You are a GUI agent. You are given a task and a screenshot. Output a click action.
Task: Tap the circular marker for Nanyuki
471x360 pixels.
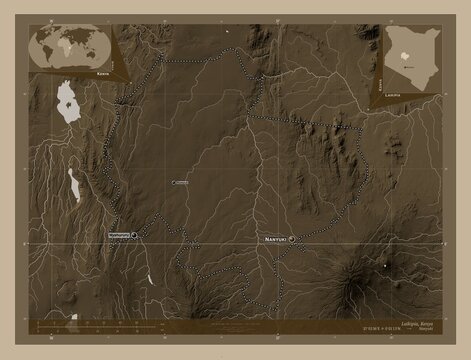(294, 240)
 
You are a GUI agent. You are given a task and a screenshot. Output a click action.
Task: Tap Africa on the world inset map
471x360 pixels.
(68, 48)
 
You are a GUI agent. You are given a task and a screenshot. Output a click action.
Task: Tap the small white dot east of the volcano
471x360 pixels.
(385, 266)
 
